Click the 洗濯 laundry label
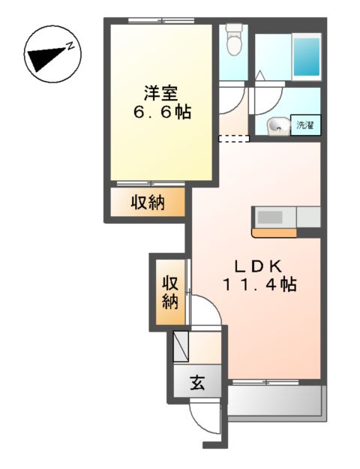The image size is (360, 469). [x=306, y=125]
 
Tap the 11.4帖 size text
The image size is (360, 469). [x=258, y=285]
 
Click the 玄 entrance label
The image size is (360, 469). [x=196, y=383]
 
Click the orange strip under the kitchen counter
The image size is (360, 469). [x=274, y=232]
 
